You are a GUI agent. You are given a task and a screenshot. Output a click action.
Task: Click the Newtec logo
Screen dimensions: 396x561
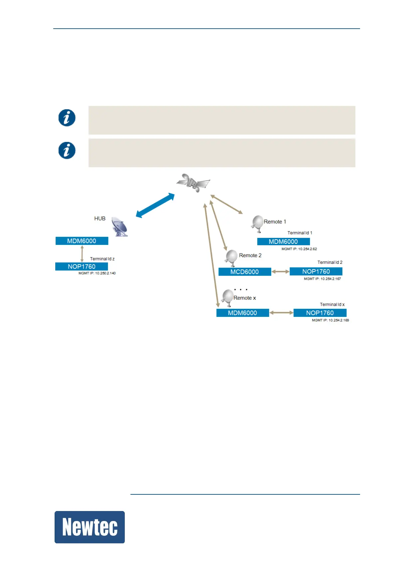click(x=90, y=527)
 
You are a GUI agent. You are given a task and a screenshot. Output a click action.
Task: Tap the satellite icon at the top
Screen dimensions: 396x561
click(x=193, y=183)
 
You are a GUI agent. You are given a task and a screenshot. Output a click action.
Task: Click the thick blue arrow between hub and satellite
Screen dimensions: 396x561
click(x=155, y=206)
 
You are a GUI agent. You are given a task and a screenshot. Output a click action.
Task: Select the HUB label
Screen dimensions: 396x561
click(x=100, y=219)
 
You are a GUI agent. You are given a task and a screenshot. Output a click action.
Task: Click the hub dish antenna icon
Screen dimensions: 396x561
click(x=119, y=227)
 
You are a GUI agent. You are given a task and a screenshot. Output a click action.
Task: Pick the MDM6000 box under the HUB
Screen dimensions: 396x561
click(x=82, y=241)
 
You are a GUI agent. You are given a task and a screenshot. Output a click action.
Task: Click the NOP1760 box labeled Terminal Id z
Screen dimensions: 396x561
click(x=82, y=267)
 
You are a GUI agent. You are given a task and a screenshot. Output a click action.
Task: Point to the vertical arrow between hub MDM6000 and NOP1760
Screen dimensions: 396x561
click(x=82, y=254)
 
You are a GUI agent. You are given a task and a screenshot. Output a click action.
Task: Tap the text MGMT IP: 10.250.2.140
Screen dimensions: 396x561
click(x=97, y=273)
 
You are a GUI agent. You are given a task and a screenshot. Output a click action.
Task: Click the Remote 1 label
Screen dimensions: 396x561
click(x=275, y=222)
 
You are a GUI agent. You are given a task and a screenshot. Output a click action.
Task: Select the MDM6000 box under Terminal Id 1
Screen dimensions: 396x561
click(x=283, y=242)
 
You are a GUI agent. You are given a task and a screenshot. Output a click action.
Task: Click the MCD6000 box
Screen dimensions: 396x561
click(x=245, y=272)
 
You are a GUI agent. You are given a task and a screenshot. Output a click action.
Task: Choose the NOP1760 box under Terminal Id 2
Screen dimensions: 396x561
click(x=316, y=272)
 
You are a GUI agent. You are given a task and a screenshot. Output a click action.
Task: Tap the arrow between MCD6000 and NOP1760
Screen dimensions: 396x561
click(x=281, y=272)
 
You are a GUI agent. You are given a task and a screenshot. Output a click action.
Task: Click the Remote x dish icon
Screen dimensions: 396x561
click(x=228, y=297)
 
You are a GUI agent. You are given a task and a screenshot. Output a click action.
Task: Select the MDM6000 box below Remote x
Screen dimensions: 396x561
click(x=243, y=313)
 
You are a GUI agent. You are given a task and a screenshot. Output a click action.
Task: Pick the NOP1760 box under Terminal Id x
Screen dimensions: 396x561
click(x=320, y=313)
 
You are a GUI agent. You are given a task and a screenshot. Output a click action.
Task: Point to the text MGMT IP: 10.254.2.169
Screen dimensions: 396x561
click(x=330, y=320)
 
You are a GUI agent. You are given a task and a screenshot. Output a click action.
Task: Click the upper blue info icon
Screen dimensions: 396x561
click(x=67, y=118)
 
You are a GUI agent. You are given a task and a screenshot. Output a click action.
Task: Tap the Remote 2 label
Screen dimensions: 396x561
click(x=250, y=256)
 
